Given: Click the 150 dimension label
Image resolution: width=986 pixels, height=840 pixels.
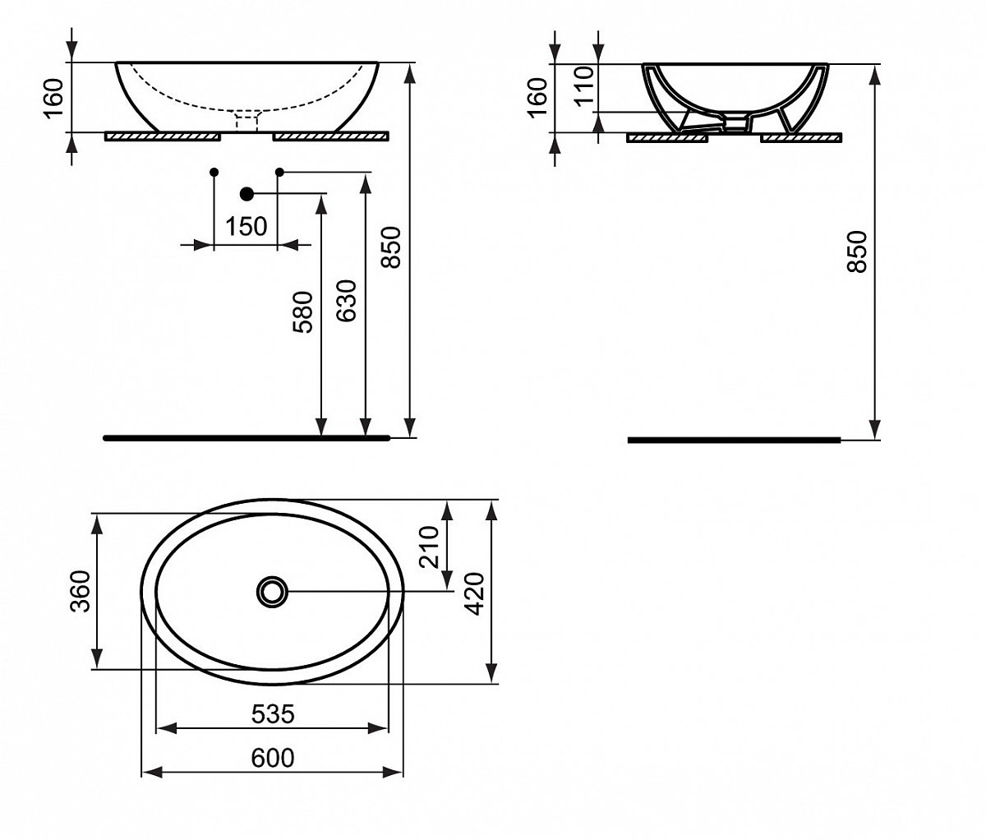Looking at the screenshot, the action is point(246,226).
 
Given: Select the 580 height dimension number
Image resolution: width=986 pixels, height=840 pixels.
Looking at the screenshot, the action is point(303,312).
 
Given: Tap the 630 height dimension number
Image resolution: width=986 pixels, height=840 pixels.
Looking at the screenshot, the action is point(346,301).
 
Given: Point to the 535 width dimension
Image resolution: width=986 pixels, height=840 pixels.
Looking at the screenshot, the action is point(273,714).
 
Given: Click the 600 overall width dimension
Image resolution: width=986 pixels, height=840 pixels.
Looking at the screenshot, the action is point(273,758).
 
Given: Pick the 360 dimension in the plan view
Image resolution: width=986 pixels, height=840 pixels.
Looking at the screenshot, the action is point(80,591).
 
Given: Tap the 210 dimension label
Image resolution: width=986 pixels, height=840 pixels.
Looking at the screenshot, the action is point(429,547).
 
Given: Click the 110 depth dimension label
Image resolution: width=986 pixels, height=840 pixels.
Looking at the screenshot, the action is point(584,86).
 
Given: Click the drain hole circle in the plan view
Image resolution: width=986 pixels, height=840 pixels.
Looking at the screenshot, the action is point(272,592).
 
